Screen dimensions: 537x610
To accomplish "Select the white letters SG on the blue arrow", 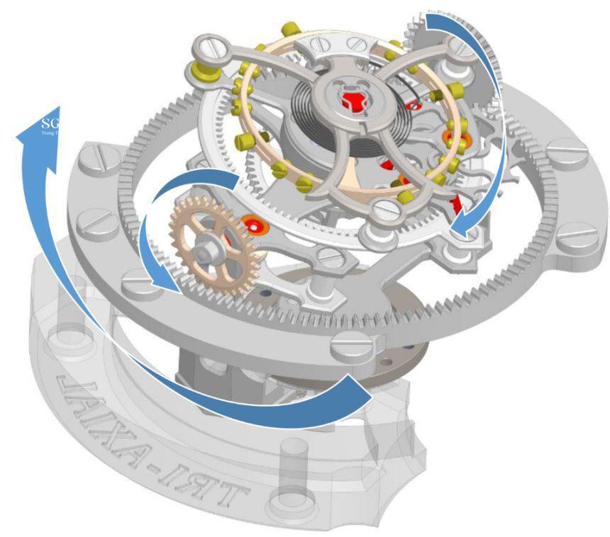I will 51,121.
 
